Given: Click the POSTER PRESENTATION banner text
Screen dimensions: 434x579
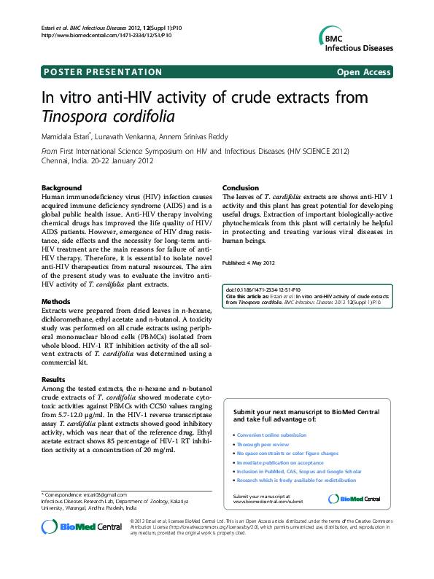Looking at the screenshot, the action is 103,71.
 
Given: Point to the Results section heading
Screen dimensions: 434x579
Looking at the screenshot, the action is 53,380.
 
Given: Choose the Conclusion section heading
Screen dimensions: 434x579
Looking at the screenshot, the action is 241,188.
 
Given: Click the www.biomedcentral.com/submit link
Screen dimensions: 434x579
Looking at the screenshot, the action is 268,502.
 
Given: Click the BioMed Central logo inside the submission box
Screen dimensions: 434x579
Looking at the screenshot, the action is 354,499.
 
